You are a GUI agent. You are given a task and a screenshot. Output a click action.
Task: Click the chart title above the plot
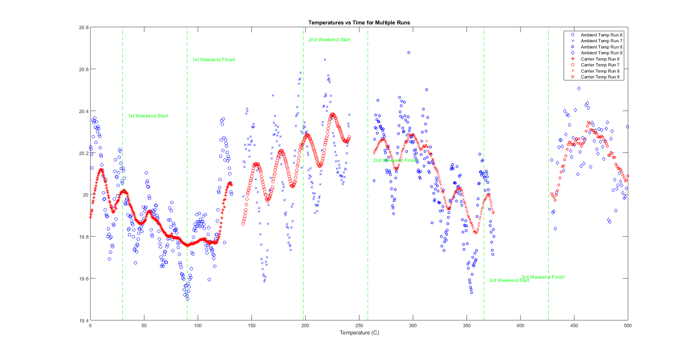(x=359, y=23)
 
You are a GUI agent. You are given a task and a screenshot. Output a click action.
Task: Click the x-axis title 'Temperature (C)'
(x=359, y=333)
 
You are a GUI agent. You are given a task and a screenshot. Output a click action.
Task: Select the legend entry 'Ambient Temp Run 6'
(x=601, y=35)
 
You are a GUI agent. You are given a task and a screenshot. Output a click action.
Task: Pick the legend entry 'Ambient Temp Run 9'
(x=601, y=53)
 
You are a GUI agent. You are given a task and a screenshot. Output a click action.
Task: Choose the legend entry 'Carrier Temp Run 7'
(x=600, y=65)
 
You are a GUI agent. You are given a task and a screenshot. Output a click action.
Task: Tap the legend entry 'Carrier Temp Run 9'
(x=600, y=77)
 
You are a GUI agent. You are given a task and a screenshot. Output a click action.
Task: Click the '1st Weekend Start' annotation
(x=148, y=116)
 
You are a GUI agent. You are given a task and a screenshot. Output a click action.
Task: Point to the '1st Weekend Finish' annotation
(x=214, y=60)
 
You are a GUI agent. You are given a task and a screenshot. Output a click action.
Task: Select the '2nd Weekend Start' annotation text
(x=329, y=40)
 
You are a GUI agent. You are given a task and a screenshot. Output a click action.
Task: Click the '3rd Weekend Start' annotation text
(x=509, y=280)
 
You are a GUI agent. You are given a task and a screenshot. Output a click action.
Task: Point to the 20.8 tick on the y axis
(x=83, y=27)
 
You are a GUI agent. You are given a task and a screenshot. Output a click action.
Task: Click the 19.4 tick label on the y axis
(x=83, y=321)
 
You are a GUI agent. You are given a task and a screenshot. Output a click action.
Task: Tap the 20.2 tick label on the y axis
(x=83, y=153)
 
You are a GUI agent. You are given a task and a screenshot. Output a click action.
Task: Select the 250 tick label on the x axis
(x=359, y=326)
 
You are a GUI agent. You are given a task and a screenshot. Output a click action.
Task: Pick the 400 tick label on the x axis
(x=520, y=326)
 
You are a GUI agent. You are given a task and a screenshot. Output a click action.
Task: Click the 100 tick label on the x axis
(x=198, y=326)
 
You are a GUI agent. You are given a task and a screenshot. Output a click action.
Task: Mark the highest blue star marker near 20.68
(x=409, y=53)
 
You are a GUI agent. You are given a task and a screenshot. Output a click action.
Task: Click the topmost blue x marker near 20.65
(x=325, y=59)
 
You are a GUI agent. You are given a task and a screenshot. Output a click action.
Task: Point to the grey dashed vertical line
(x=187, y=219)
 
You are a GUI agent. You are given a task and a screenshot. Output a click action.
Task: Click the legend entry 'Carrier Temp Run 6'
(x=600, y=59)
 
